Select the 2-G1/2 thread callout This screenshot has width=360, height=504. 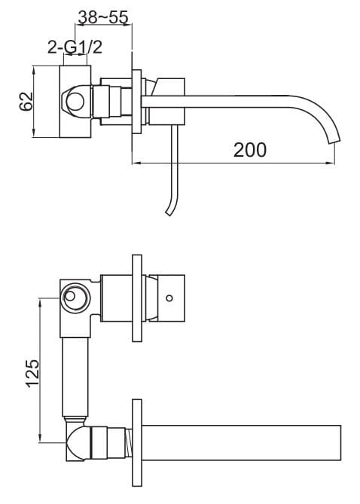pyautogui.click(x=76, y=47)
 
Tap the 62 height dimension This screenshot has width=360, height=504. pyautogui.click(x=24, y=102)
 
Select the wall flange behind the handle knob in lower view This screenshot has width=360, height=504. pyautogui.click(x=137, y=298)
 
